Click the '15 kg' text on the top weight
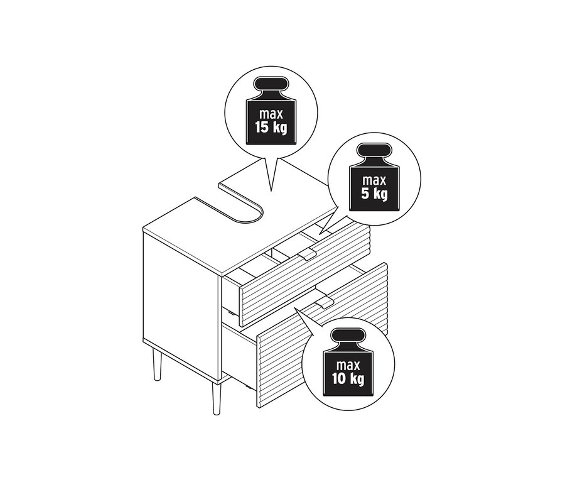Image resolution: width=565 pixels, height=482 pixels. pyautogui.click(x=271, y=128)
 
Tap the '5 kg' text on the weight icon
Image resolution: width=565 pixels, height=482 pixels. pyautogui.click(x=374, y=194)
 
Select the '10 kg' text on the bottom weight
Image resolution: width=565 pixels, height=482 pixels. pyautogui.click(x=348, y=379)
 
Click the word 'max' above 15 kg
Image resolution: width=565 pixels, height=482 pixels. pyautogui.click(x=271, y=114)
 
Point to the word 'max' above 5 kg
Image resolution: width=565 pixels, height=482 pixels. pyautogui.click(x=374, y=180)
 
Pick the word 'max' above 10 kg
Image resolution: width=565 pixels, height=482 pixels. pyautogui.click(x=348, y=366)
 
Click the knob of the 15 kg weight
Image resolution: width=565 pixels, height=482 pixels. pyautogui.click(x=271, y=85)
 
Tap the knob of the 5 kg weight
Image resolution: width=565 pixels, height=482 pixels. pyautogui.click(x=374, y=151)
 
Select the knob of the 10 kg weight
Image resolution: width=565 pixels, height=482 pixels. pyautogui.click(x=348, y=337)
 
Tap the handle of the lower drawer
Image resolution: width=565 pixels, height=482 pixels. pyautogui.click(x=325, y=304)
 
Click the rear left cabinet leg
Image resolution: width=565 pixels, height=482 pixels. pyautogui.click(x=157, y=364)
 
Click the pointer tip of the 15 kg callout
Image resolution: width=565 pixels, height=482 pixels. pyautogui.click(x=271, y=190)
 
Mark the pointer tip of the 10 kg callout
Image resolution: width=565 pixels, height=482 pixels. pyautogui.click(x=295, y=308)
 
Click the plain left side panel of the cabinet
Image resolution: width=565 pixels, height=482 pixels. pyautogui.click(x=181, y=289)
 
